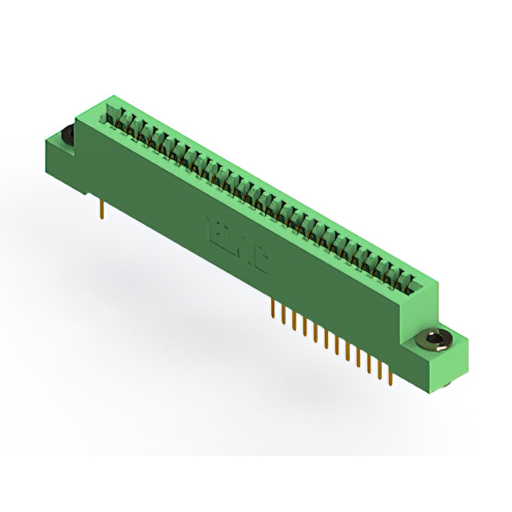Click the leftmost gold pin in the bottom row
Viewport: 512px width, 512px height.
point(274,307)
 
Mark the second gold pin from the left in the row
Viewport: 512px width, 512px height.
point(284,313)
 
